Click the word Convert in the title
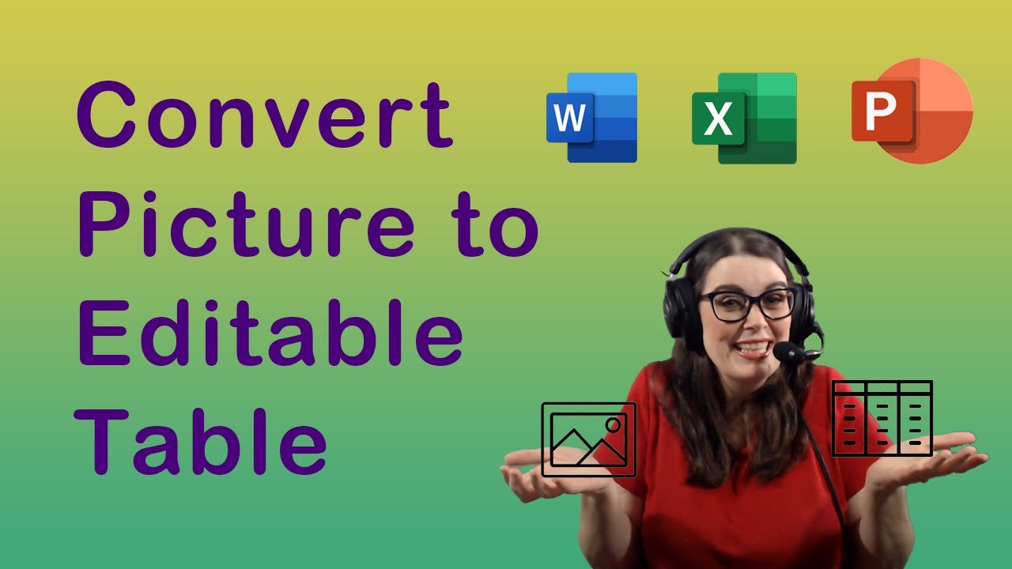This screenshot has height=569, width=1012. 265,115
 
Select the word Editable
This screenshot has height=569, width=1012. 270,333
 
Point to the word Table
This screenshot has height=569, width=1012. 201,441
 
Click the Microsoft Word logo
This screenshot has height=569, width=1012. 592,118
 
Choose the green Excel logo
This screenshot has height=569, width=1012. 744,119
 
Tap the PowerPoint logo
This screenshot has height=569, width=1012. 912,111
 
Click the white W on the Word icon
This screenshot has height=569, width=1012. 569,118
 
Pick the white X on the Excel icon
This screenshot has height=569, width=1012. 718,119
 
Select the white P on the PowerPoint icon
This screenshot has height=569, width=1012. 881,111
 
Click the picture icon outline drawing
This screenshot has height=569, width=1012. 589,403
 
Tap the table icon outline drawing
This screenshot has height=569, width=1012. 882,382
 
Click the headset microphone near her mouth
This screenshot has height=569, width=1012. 785,351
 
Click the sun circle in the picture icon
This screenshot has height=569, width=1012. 613,425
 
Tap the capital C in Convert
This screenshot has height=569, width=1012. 107,115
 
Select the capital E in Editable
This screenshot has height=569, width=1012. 104,333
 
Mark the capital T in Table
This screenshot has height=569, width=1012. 102,441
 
